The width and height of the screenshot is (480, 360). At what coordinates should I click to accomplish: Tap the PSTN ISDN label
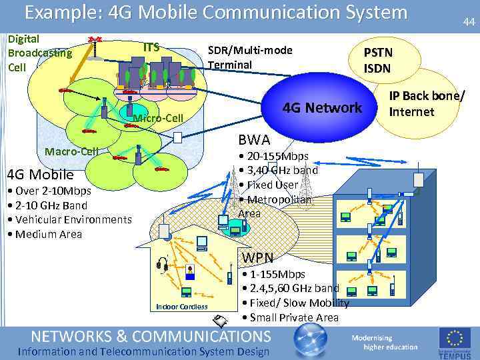[377, 60]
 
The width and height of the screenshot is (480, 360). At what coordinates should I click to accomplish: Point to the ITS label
[152, 47]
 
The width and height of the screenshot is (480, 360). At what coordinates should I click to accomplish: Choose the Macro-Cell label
[71, 151]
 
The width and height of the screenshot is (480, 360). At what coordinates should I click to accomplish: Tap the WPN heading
[257, 257]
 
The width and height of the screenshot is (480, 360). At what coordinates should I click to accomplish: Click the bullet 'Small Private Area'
[291, 317]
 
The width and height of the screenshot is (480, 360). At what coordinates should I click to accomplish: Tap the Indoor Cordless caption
[181, 306]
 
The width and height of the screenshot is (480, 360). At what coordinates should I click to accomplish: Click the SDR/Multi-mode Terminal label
[250, 57]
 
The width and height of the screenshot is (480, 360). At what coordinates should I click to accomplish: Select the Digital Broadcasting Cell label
[39, 53]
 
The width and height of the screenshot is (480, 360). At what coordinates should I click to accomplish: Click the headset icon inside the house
[161, 266]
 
